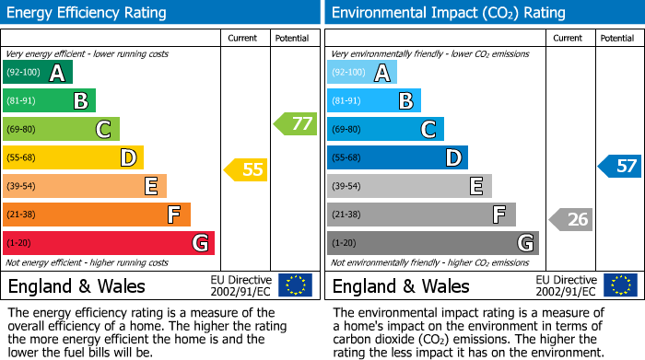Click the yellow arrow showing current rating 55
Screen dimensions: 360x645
(245, 169)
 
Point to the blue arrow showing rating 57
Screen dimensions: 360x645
(619, 167)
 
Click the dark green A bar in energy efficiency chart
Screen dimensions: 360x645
(37, 73)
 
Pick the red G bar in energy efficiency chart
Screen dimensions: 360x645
(108, 243)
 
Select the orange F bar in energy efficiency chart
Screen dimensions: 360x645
(96, 215)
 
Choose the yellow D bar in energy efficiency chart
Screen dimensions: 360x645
(73, 157)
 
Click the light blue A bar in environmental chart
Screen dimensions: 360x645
(361, 73)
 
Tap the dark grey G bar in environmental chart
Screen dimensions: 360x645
(432, 243)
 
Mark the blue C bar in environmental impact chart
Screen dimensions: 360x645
(385, 129)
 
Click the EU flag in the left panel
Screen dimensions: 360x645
(295, 285)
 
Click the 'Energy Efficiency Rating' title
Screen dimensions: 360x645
(88, 13)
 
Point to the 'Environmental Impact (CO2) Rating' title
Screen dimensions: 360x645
(448, 13)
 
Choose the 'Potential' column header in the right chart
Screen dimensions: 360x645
(616, 38)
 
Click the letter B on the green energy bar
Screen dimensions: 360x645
(81, 101)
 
